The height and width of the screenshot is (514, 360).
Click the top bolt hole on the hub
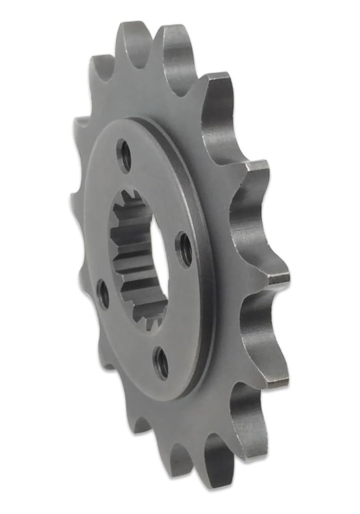[x=124, y=155]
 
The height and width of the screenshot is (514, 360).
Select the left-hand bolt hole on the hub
[x=103, y=295]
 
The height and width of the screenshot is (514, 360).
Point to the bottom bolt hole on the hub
[x=162, y=363]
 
